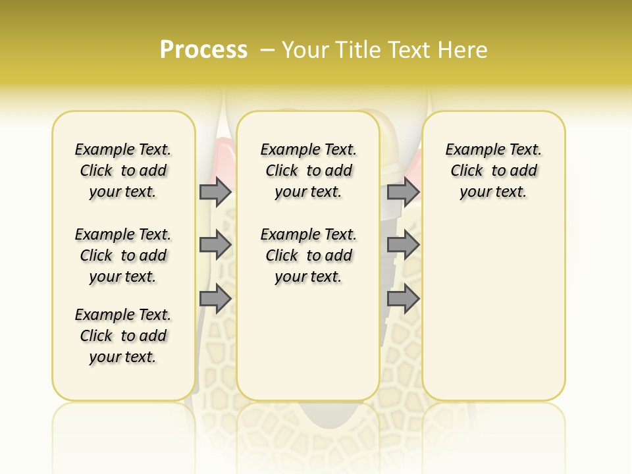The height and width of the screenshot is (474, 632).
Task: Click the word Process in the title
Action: (203, 50)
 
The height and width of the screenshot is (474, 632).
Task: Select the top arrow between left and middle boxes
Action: (215, 192)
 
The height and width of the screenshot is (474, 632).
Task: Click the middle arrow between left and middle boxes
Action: (215, 245)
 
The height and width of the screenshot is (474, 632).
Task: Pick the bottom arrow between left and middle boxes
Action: (215, 299)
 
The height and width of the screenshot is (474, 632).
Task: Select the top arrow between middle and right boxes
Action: (403, 192)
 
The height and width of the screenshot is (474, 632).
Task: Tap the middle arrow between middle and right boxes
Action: (403, 245)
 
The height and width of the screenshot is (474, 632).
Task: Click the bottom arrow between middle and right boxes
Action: (403, 299)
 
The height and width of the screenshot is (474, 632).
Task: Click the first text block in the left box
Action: (123, 171)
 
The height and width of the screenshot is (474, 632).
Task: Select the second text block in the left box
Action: (123, 255)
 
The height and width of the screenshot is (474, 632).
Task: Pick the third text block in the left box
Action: (123, 336)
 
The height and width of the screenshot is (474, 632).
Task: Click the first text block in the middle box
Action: (308, 171)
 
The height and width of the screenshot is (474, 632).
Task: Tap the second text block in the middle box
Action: (308, 255)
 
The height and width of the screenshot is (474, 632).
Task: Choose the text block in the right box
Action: (493, 171)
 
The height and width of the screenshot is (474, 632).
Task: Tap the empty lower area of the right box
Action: (493, 309)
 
